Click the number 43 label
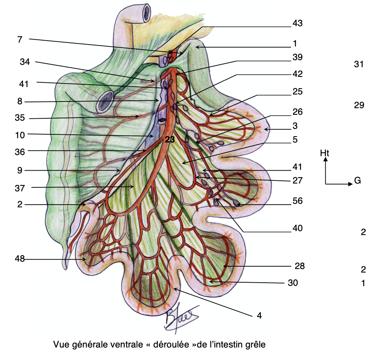[x=297, y=23]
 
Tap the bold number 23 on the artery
[x=170, y=139]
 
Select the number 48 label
[x=20, y=258]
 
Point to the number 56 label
[x=297, y=201]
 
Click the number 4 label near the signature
[x=259, y=315]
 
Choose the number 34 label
[x=25, y=62]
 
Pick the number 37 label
[x=20, y=188]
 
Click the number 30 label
[x=293, y=283]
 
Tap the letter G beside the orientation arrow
[x=357, y=180]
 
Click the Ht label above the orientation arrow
[x=325, y=153]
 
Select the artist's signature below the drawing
[x=181, y=318]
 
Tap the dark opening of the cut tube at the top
[x=147, y=13]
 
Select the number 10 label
[x=20, y=135]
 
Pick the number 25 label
[x=297, y=92]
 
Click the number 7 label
[x=20, y=39]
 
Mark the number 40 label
[x=297, y=228]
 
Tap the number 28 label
[x=300, y=266]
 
